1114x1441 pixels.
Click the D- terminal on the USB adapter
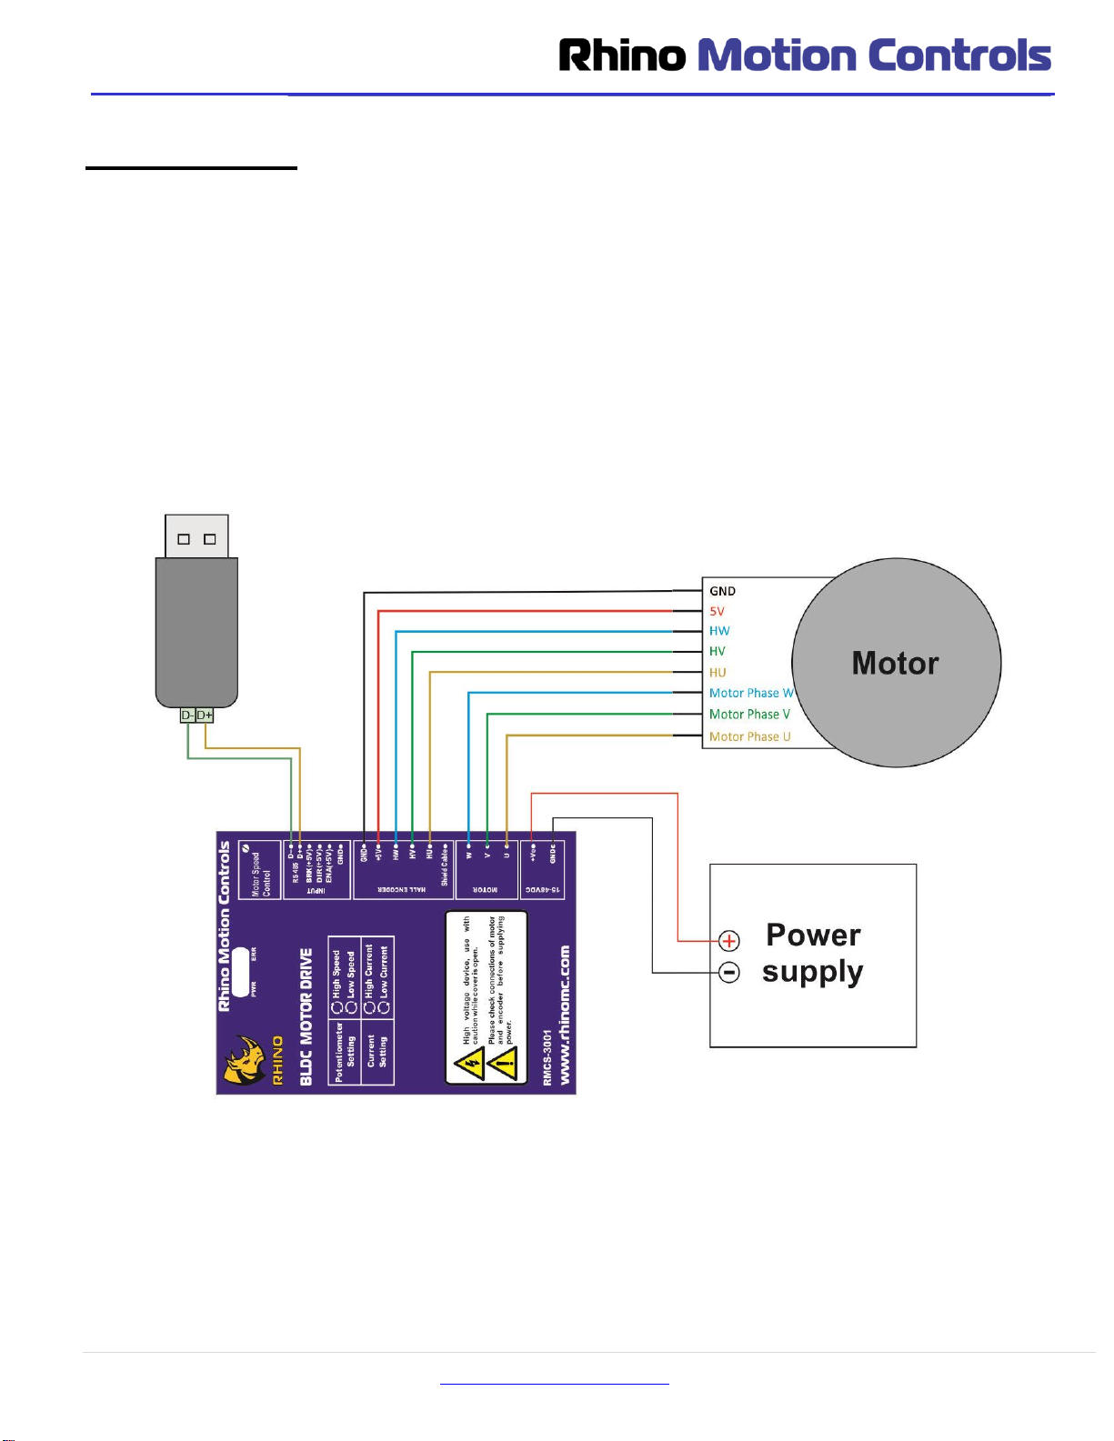[187, 715]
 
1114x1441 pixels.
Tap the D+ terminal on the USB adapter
[205, 715]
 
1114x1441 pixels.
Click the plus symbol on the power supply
[729, 941]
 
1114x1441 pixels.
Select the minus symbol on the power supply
[729, 973]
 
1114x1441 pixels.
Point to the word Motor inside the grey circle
[895, 664]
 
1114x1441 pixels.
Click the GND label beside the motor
[722, 591]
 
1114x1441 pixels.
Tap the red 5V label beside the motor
[718, 611]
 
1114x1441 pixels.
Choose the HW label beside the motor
[719, 631]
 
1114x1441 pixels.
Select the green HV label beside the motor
[718, 651]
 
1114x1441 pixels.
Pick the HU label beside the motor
[718, 673]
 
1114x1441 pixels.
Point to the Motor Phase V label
[749, 715]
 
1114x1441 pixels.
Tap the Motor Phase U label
[749, 736]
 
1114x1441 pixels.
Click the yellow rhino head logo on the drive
[245, 1060]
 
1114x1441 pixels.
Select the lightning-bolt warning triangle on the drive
[470, 1063]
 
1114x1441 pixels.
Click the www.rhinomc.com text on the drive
[565, 1015]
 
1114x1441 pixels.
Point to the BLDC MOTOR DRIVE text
[306, 1016]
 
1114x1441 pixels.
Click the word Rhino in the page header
[622, 56]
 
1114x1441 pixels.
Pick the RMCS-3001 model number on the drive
[547, 1057]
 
